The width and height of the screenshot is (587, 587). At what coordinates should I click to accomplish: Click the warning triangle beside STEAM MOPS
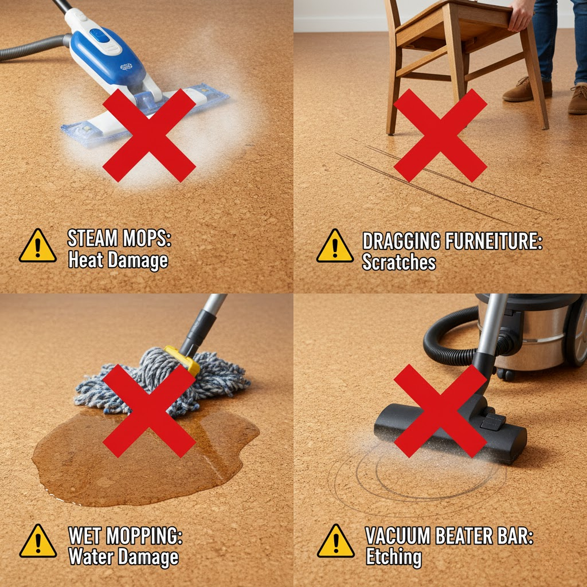coord(37,246)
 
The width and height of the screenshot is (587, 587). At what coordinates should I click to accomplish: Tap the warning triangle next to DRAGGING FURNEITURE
coord(335,246)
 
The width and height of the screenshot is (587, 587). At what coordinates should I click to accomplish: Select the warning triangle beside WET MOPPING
coord(38,541)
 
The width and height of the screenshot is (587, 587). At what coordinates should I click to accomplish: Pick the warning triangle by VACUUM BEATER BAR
coord(335,541)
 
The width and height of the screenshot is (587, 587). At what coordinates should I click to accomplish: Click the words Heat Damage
coord(118,260)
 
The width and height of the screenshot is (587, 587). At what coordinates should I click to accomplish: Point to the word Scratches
coord(398,262)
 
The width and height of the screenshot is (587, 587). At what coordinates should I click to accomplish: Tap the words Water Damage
coord(123,557)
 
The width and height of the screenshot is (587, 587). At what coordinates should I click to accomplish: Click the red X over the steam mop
coord(149,135)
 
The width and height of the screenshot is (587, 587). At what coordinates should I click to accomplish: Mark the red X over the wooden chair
coord(440,135)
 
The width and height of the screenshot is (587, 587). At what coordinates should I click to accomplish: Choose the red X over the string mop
coord(149,410)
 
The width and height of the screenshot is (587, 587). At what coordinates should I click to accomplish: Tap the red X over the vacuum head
coord(440,410)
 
